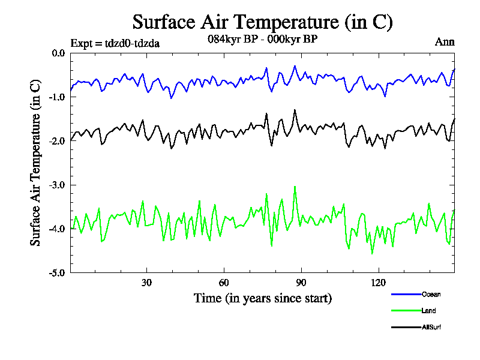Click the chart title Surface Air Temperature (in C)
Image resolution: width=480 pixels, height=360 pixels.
click(x=262, y=22)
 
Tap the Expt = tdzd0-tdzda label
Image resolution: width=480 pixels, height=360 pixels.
click(x=115, y=43)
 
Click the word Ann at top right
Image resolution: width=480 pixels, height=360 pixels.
click(x=445, y=42)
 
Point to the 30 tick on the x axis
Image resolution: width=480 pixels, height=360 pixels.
click(x=146, y=283)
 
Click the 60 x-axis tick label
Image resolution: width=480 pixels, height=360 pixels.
click(x=223, y=283)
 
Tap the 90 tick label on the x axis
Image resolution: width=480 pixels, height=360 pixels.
click(x=301, y=283)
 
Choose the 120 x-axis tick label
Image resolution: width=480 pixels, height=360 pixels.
click(x=378, y=283)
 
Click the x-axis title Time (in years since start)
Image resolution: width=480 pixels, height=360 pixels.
click(x=263, y=298)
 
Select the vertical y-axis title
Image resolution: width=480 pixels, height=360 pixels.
click(x=36, y=163)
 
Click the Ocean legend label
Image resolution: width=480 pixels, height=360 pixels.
click(x=431, y=294)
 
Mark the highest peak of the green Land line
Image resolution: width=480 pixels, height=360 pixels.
click(x=295, y=187)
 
